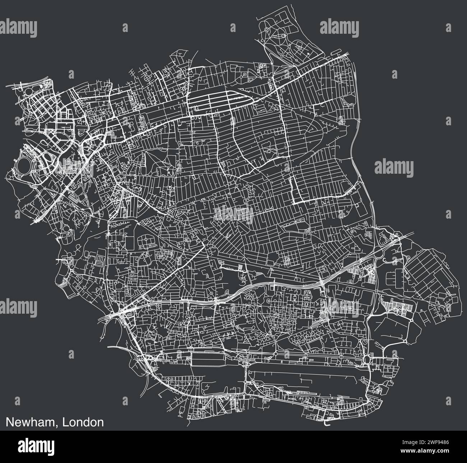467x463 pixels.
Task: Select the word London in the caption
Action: (x=83, y=422)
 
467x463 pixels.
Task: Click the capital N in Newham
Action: (x=9, y=422)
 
